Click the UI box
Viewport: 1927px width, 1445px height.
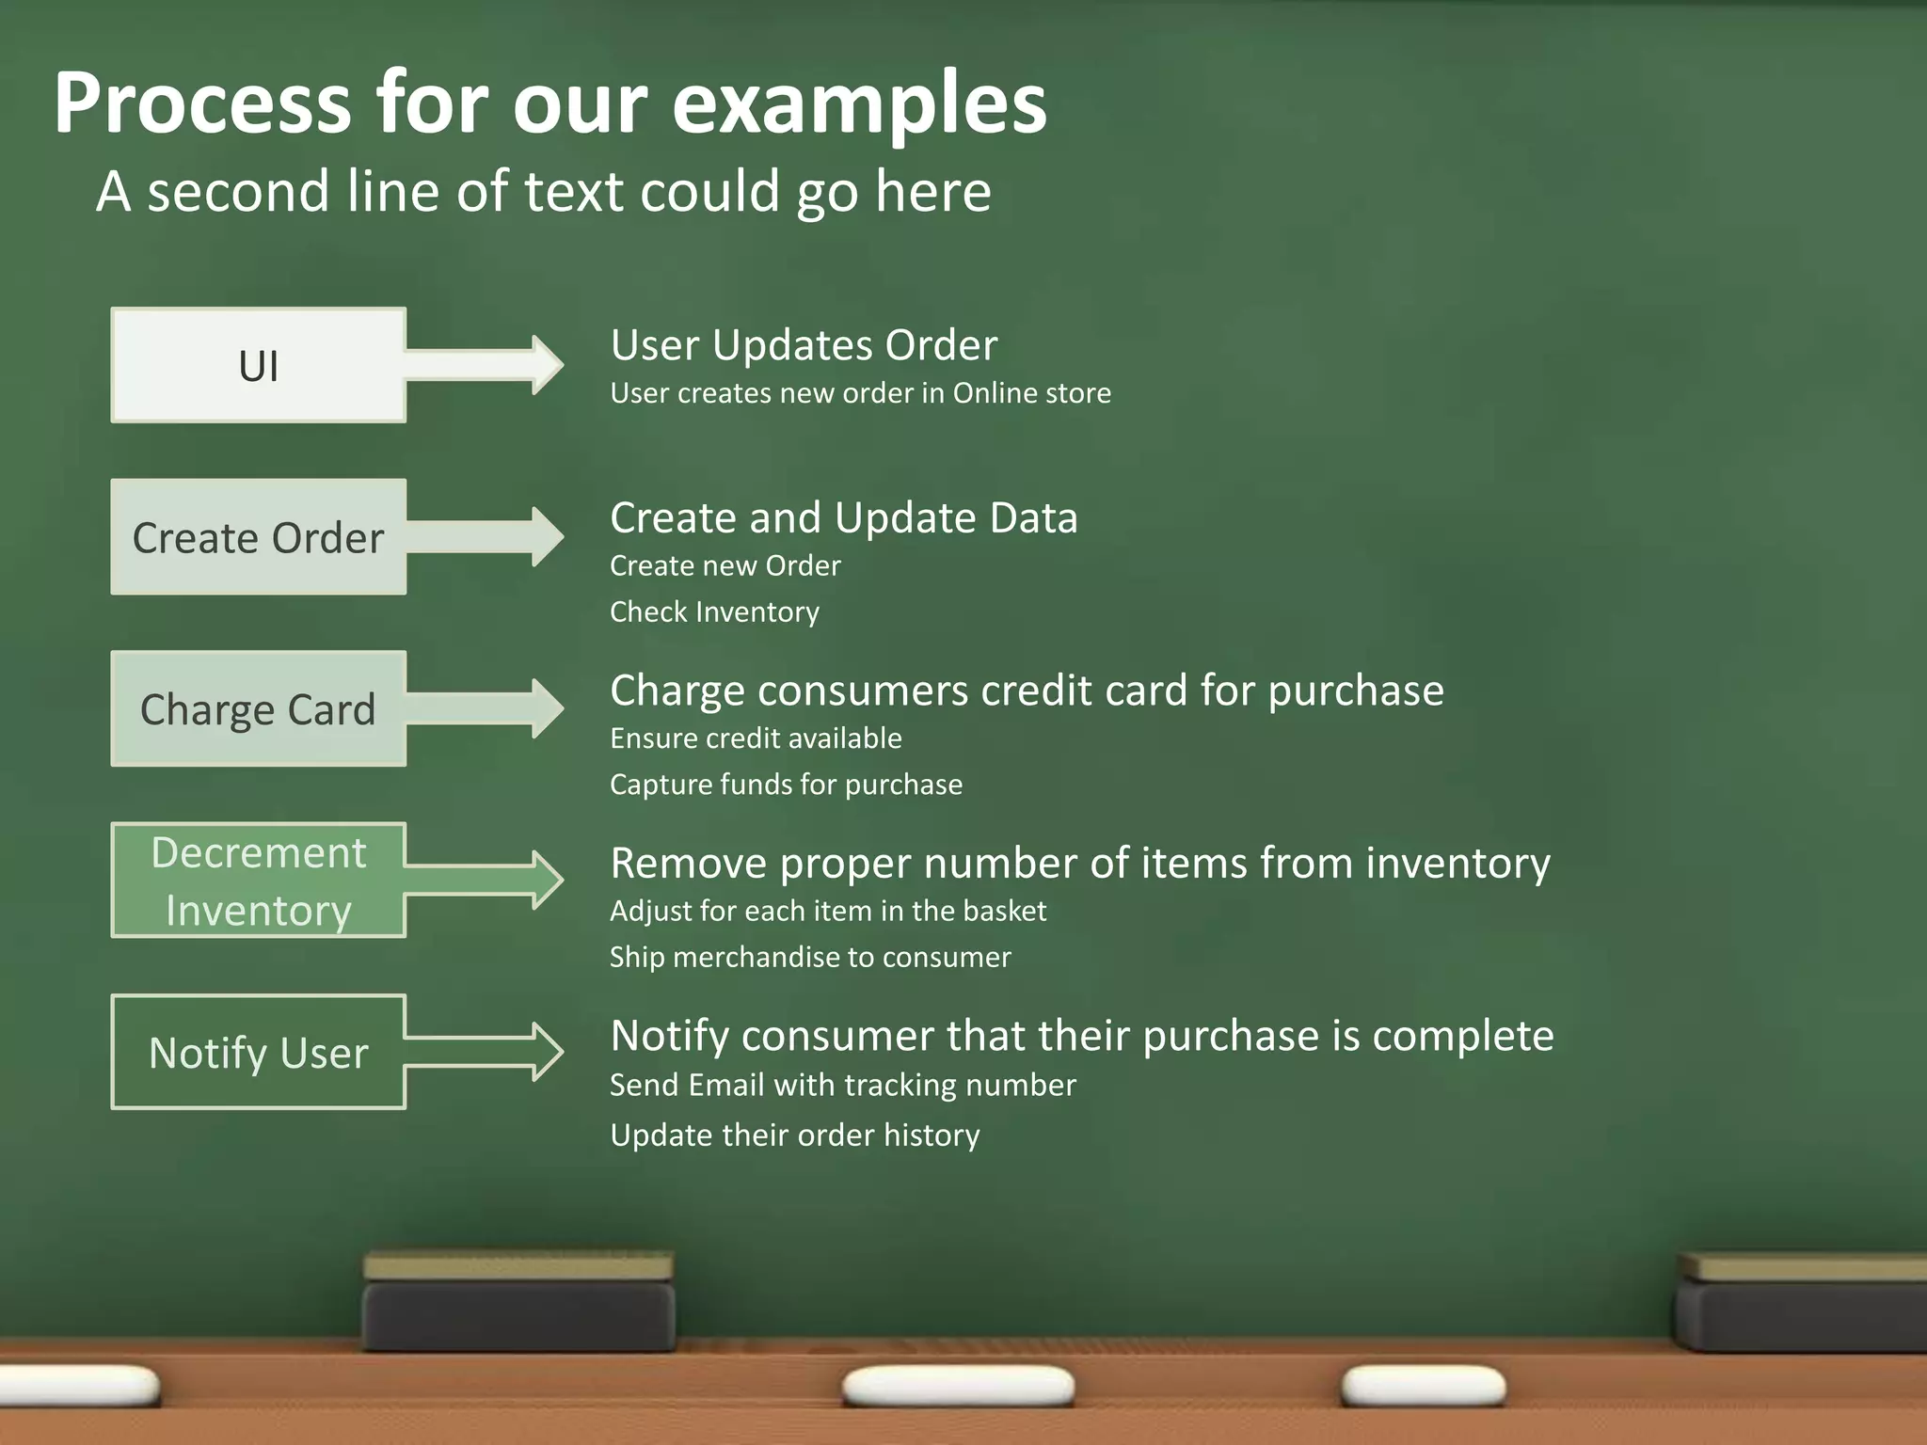pos(259,365)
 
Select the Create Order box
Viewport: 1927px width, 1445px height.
pos(259,537)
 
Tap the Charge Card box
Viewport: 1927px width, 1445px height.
pos(259,708)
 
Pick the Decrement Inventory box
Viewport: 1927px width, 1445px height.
pos(259,881)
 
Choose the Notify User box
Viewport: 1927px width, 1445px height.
pos(259,1052)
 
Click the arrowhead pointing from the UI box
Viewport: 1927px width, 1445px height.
pos(546,364)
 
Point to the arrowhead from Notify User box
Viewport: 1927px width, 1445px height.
pos(546,1051)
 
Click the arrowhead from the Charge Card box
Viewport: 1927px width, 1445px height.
pos(546,707)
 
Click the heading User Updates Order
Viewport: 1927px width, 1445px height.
pos(804,345)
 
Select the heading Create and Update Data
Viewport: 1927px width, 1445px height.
pos(843,518)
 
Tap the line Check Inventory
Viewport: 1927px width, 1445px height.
pos(714,612)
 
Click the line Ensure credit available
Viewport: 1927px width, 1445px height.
pos(756,738)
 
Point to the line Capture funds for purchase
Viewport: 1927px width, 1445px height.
pos(786,785)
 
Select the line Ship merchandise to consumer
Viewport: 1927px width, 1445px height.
pos(810,958)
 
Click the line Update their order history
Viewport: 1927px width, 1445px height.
pos(795,1135)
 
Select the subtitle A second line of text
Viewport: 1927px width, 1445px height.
pos(544,192)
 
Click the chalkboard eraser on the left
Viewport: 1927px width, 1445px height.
pos(518,1303)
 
